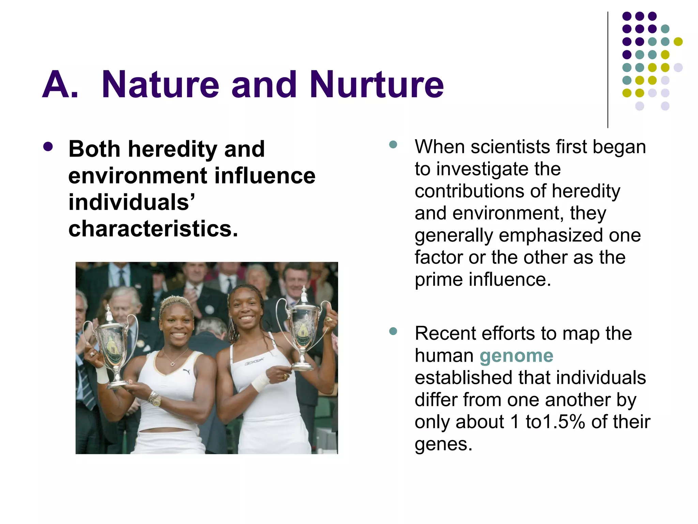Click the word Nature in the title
[x=160, y=85]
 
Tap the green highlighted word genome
[x=516, y=356]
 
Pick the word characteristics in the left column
[x=153, y=229]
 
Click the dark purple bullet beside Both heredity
[x=48, y=147]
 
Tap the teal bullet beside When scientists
[x=393, y=144]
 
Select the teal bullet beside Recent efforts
[x=393, y=331]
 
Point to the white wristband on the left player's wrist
[x=102, y=375]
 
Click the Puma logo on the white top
[x=186, y=371]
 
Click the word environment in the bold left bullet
[x=137, y=176]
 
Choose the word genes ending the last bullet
[x=443, y=444]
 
